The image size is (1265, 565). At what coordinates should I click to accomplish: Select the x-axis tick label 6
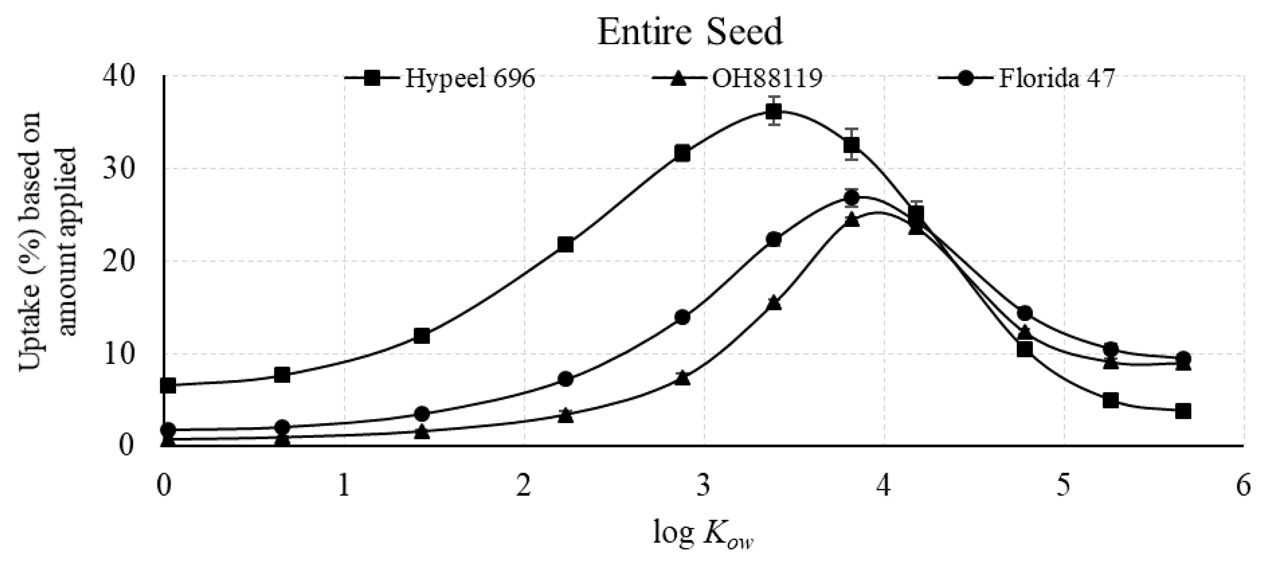pos(1243,487)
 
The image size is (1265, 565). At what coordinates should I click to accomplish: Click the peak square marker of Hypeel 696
pos(774,113)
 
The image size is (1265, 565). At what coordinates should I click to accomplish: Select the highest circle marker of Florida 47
pos(852,198)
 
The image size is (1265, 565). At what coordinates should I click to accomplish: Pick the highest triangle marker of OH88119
pos(852,220)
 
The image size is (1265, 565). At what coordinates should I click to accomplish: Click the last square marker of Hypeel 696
pos(1183,411)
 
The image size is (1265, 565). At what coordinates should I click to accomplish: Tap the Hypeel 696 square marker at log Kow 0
pos(168,385)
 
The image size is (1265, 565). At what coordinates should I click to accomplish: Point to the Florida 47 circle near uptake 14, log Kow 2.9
pos(683,317)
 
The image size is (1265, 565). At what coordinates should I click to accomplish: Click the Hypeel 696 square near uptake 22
pos(566,245)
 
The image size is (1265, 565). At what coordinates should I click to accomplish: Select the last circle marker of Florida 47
pos(1183,359)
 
